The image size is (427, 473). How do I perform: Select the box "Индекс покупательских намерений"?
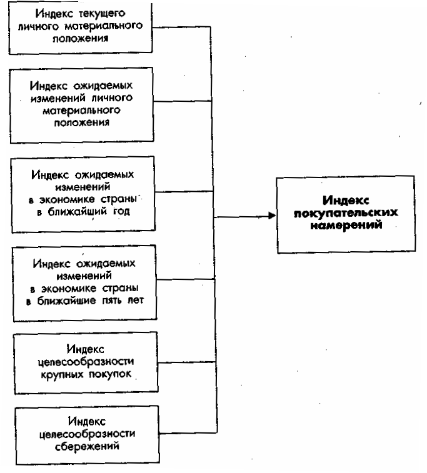pos(344,214)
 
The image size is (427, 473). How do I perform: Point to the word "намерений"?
pos(345,226)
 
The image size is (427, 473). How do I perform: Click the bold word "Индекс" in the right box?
pos(344,201)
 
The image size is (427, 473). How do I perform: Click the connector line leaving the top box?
pos(184,27)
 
